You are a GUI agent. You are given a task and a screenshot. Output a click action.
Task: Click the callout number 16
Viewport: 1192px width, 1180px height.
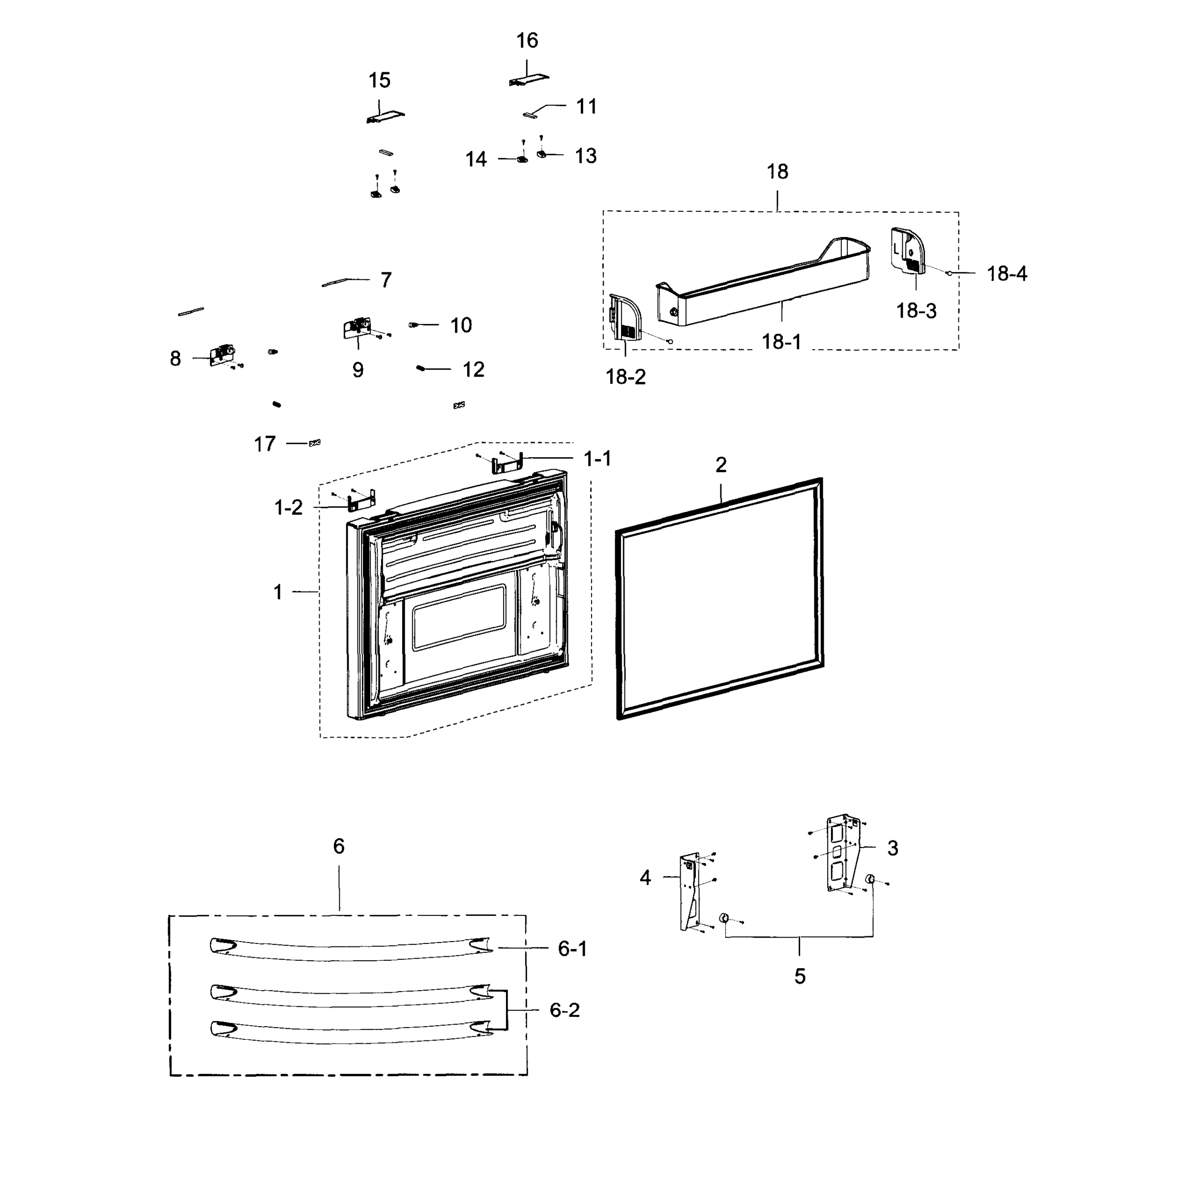(x=527, y=41)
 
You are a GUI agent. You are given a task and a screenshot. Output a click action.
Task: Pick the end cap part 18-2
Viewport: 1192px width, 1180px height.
(x=625, y=317)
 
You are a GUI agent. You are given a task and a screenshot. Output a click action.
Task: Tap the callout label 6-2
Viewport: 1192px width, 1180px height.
(x=564, y=1010)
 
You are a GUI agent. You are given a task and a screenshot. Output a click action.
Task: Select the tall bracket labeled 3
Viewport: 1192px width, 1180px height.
(x=842, y=855)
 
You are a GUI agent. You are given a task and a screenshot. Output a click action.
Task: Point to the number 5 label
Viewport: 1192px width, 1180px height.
(x=800, y=976)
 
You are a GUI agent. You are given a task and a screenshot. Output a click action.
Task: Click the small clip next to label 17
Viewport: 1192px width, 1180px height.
(x=315, y=443)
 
